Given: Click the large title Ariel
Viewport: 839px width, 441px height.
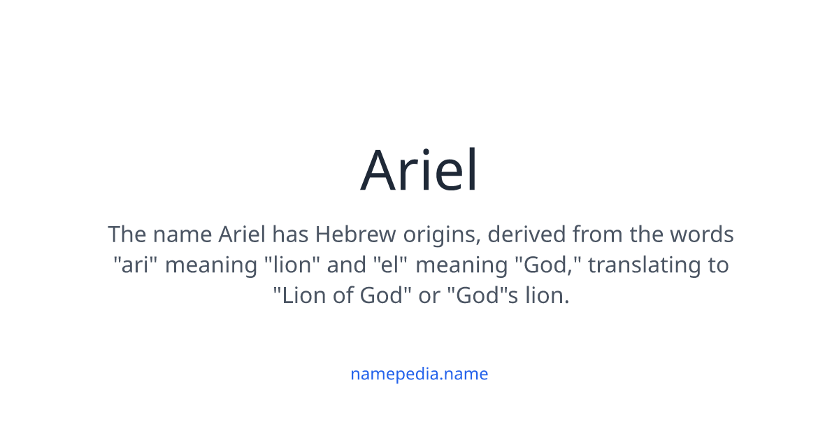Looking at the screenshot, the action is (x=418, y=169).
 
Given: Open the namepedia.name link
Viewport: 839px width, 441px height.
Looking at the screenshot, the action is (x=419, y=374).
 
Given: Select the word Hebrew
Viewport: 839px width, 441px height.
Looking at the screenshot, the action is (x=355, y=234).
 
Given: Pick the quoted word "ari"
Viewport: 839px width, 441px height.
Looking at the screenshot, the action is (x=135, y=264).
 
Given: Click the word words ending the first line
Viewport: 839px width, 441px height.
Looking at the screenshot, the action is (x=701, y=234).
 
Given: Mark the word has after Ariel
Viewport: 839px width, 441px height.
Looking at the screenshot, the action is (x=290, y=234).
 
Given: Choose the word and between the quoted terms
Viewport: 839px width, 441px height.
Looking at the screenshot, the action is (x=347, y=264).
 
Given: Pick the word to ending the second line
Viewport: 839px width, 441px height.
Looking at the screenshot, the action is (x=719, y=265).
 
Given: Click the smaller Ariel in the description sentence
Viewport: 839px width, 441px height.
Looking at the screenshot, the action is (x=242, y=234).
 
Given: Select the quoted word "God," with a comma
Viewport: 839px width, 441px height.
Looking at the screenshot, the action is (x=549, y=265).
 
